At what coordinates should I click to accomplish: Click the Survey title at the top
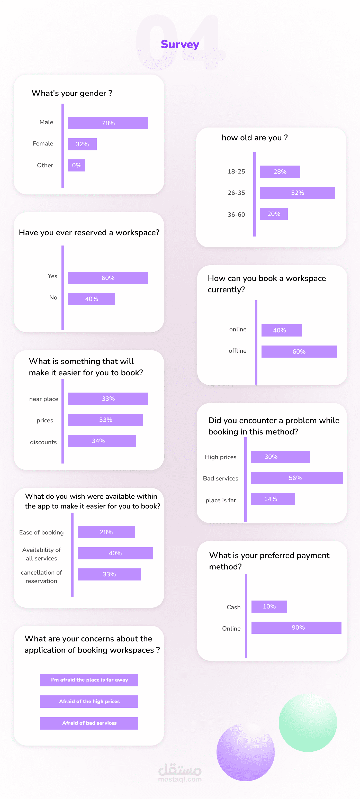(x=180, y=44)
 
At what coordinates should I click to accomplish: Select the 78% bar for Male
(x=108, y=123)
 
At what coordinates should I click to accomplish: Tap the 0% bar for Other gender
(x=77, y=165)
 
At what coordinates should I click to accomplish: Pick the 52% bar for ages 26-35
(x=297, y=193)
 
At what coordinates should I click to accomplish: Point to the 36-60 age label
(x=236, y=215)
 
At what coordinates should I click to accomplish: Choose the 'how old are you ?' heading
(x=255, y=138)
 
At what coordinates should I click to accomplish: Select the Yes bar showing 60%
(x=108, y=278)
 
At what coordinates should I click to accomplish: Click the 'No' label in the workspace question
(x=53, y=297)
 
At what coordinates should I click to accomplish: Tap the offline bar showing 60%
(x=299, y=351)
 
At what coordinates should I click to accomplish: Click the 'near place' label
(x=44, y=399)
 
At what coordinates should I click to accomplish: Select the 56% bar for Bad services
(x=297, y=478)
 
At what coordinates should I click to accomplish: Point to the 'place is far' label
(x=221, y=500)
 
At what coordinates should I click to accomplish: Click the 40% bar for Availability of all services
(x=115, y=553)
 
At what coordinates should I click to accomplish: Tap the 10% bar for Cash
(x=269, y=606)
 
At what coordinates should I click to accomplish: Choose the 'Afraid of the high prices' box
(x=89, y=701)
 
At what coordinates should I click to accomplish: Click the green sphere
(x=308, y=722)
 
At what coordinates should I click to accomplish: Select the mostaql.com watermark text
(x=180, y=779)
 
